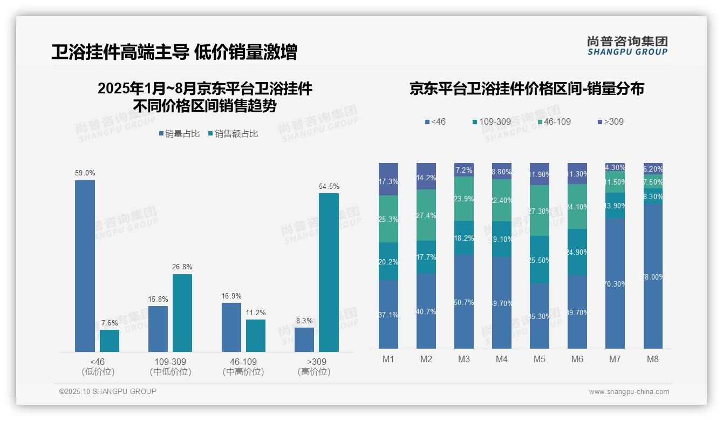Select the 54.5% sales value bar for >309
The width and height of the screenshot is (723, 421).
pos(329,272)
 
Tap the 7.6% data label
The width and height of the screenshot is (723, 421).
pos(110,323)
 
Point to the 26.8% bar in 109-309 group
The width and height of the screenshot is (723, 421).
pos(182,313)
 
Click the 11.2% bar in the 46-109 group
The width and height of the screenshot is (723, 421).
pos(256,335)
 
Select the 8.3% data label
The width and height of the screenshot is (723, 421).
pos(304,321)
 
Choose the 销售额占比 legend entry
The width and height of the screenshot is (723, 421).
pos(233,134)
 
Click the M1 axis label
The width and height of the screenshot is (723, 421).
pos(388,359)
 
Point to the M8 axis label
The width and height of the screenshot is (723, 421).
pos(652,359)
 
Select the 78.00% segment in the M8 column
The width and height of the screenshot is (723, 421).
pos(653,276)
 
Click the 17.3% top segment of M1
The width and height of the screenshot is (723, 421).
pos(388,179)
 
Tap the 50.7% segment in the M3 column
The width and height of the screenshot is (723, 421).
pos(464,301)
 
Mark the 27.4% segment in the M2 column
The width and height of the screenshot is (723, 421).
pos(426,215)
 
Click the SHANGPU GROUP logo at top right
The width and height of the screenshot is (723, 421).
pos(627,46)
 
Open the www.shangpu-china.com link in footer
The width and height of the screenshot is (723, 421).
pos(629,392)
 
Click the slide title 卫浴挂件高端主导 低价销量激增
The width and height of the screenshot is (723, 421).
pos(174,52)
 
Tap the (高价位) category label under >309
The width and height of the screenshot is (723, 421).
pos(313,372)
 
